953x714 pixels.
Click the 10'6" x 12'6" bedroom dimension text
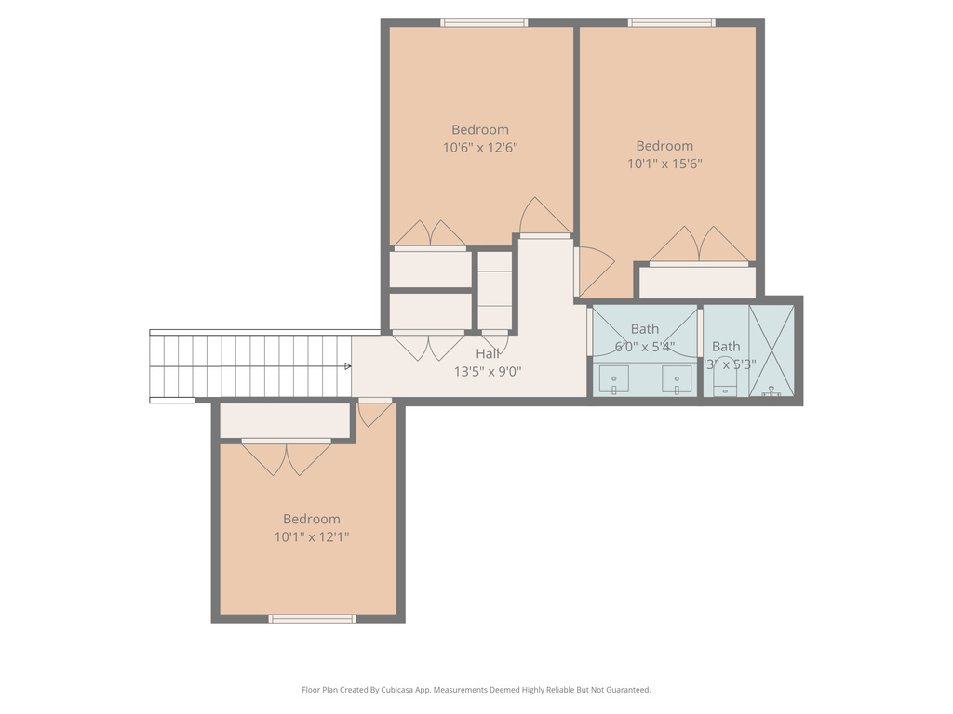coord(480,147)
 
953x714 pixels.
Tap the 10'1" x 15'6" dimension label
coord(664,164)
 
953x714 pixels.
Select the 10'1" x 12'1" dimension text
coord(311,536)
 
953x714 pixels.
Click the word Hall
coord(488,353)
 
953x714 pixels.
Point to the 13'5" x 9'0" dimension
coord(487,371)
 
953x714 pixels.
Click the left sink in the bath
coord(613,378)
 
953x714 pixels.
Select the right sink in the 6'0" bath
coord(677,378)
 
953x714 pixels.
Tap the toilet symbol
coord(725,383)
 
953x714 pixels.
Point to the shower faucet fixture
coord(771,391)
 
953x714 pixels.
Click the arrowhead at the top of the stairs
coord(348,366)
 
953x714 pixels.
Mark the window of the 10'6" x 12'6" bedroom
coord(484,22)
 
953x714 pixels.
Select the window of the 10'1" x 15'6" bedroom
coord(671,22)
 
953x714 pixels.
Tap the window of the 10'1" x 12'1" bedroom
coord(312,618)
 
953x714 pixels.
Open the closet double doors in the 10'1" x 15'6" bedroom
coord(698,246)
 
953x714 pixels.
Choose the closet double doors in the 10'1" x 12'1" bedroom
coord(286,457)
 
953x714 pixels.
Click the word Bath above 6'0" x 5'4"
coord(644,329)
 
